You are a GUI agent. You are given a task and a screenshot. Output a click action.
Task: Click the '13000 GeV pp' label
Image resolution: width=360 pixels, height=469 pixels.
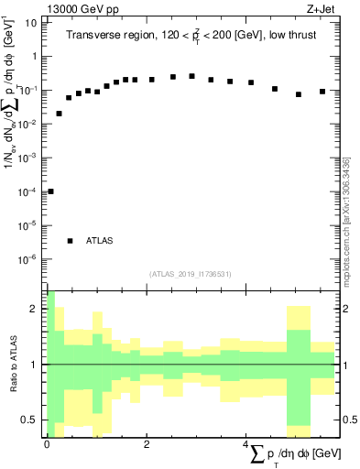point(83,10)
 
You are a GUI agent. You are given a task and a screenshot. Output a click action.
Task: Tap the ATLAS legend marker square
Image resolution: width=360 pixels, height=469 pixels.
point(70,241)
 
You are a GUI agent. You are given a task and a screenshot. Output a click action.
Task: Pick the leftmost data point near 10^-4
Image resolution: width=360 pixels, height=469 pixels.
point(50,191)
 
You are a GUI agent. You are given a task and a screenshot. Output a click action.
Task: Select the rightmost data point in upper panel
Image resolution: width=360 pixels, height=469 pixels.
point(322,92)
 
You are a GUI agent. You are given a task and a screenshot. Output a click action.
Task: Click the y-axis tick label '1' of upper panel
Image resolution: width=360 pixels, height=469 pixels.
point(34,56)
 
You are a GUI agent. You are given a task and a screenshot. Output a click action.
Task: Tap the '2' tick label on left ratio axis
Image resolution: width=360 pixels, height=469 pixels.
point(34,309)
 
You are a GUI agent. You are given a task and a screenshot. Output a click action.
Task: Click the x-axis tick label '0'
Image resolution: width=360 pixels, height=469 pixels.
point(46,444)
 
